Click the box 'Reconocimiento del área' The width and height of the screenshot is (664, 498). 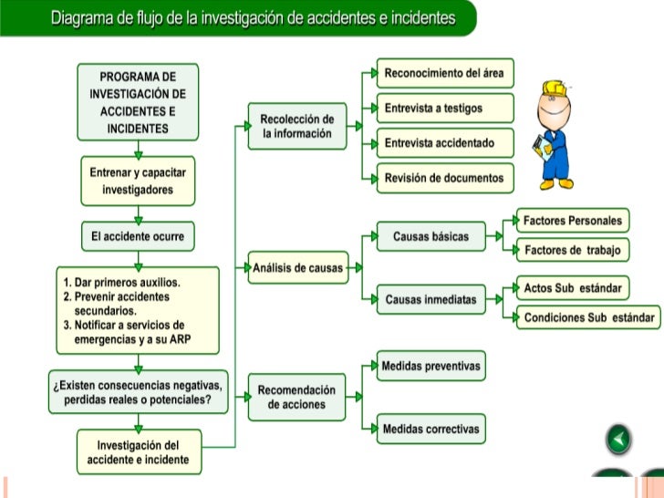pyautogui.click(x=444, y=73)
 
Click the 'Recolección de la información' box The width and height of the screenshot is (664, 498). pyautogui.click(x=297, y=127)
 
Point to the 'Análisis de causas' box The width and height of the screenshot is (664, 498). pyautogui.click(x=298, y=268)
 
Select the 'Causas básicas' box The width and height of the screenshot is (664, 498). pyautogui.click(x=431, y=236)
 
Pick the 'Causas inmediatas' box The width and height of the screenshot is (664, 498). pyautogui.click(x=431, y=299)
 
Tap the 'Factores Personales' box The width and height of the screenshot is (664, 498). pyautogui.click(x=572, y=221)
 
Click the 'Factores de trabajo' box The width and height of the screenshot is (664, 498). pyautogui.click(x=572, y=250)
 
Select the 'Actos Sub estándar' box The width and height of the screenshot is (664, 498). pyautogui.click(x=572, y=288)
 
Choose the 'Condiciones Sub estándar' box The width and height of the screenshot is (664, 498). pyautogui.click(x=588, y=317)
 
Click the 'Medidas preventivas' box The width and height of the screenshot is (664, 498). pyautogui.click(x=431, y=367)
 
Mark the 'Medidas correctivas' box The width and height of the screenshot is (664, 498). pyautogui.click(x=431, y=429)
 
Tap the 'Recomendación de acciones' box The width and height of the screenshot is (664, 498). pyautogui.click(x=297, y=398)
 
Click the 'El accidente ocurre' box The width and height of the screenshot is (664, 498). pyautogui.click(x=138, y=236)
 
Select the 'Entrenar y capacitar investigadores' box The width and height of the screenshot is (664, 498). pyautogui.click(x=138, y=182)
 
